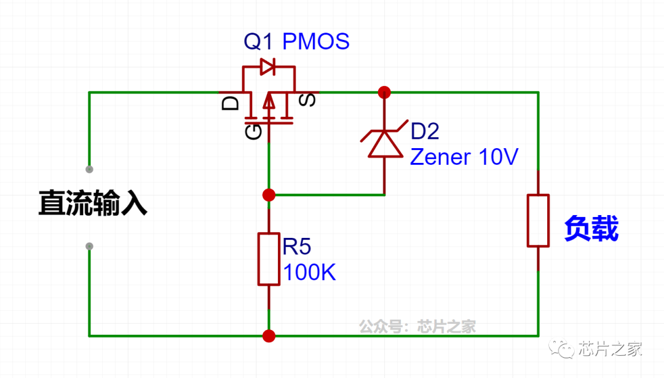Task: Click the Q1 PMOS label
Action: click(x=296, y=41)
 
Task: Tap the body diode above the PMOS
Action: click(x=267, y=66)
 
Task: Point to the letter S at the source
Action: click(x=309, y=100)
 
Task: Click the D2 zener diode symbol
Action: click(x=384, y=143)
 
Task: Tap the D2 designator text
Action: click(x=425, y=131)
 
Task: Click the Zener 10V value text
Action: click(x=464, y=157)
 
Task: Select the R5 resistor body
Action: click(x=269, y=259)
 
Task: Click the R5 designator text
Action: click(x=297, y=246)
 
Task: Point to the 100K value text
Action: click(x=309, y=272)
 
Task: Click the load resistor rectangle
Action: click(x=538, y=221)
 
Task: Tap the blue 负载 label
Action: click(x=591, y=229)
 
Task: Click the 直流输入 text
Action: click(x=93, y=203)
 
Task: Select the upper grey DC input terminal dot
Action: click(x=89, y=168)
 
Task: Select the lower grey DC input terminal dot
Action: click(x=89, y=246)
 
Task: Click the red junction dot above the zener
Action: click(x=384, y=93)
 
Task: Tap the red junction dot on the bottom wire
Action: click(x=269, y=336)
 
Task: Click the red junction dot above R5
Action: click(x=269, y=195)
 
